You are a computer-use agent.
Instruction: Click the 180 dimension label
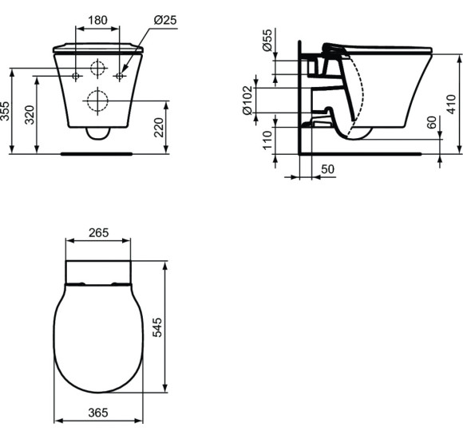pos(97,20)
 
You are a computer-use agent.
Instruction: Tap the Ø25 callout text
pos(165,20)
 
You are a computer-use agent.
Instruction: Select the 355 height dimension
pos(5,111)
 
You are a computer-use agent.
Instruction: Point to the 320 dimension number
pos(30,115)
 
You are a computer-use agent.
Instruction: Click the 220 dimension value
pos(159,127)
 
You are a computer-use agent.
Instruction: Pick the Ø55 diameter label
pos(267,40)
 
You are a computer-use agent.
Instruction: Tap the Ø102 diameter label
pos(247,101)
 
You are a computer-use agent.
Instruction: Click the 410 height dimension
pos(451,105)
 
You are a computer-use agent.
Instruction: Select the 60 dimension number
pos(432,122)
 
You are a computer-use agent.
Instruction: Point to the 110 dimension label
pos(267,140)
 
